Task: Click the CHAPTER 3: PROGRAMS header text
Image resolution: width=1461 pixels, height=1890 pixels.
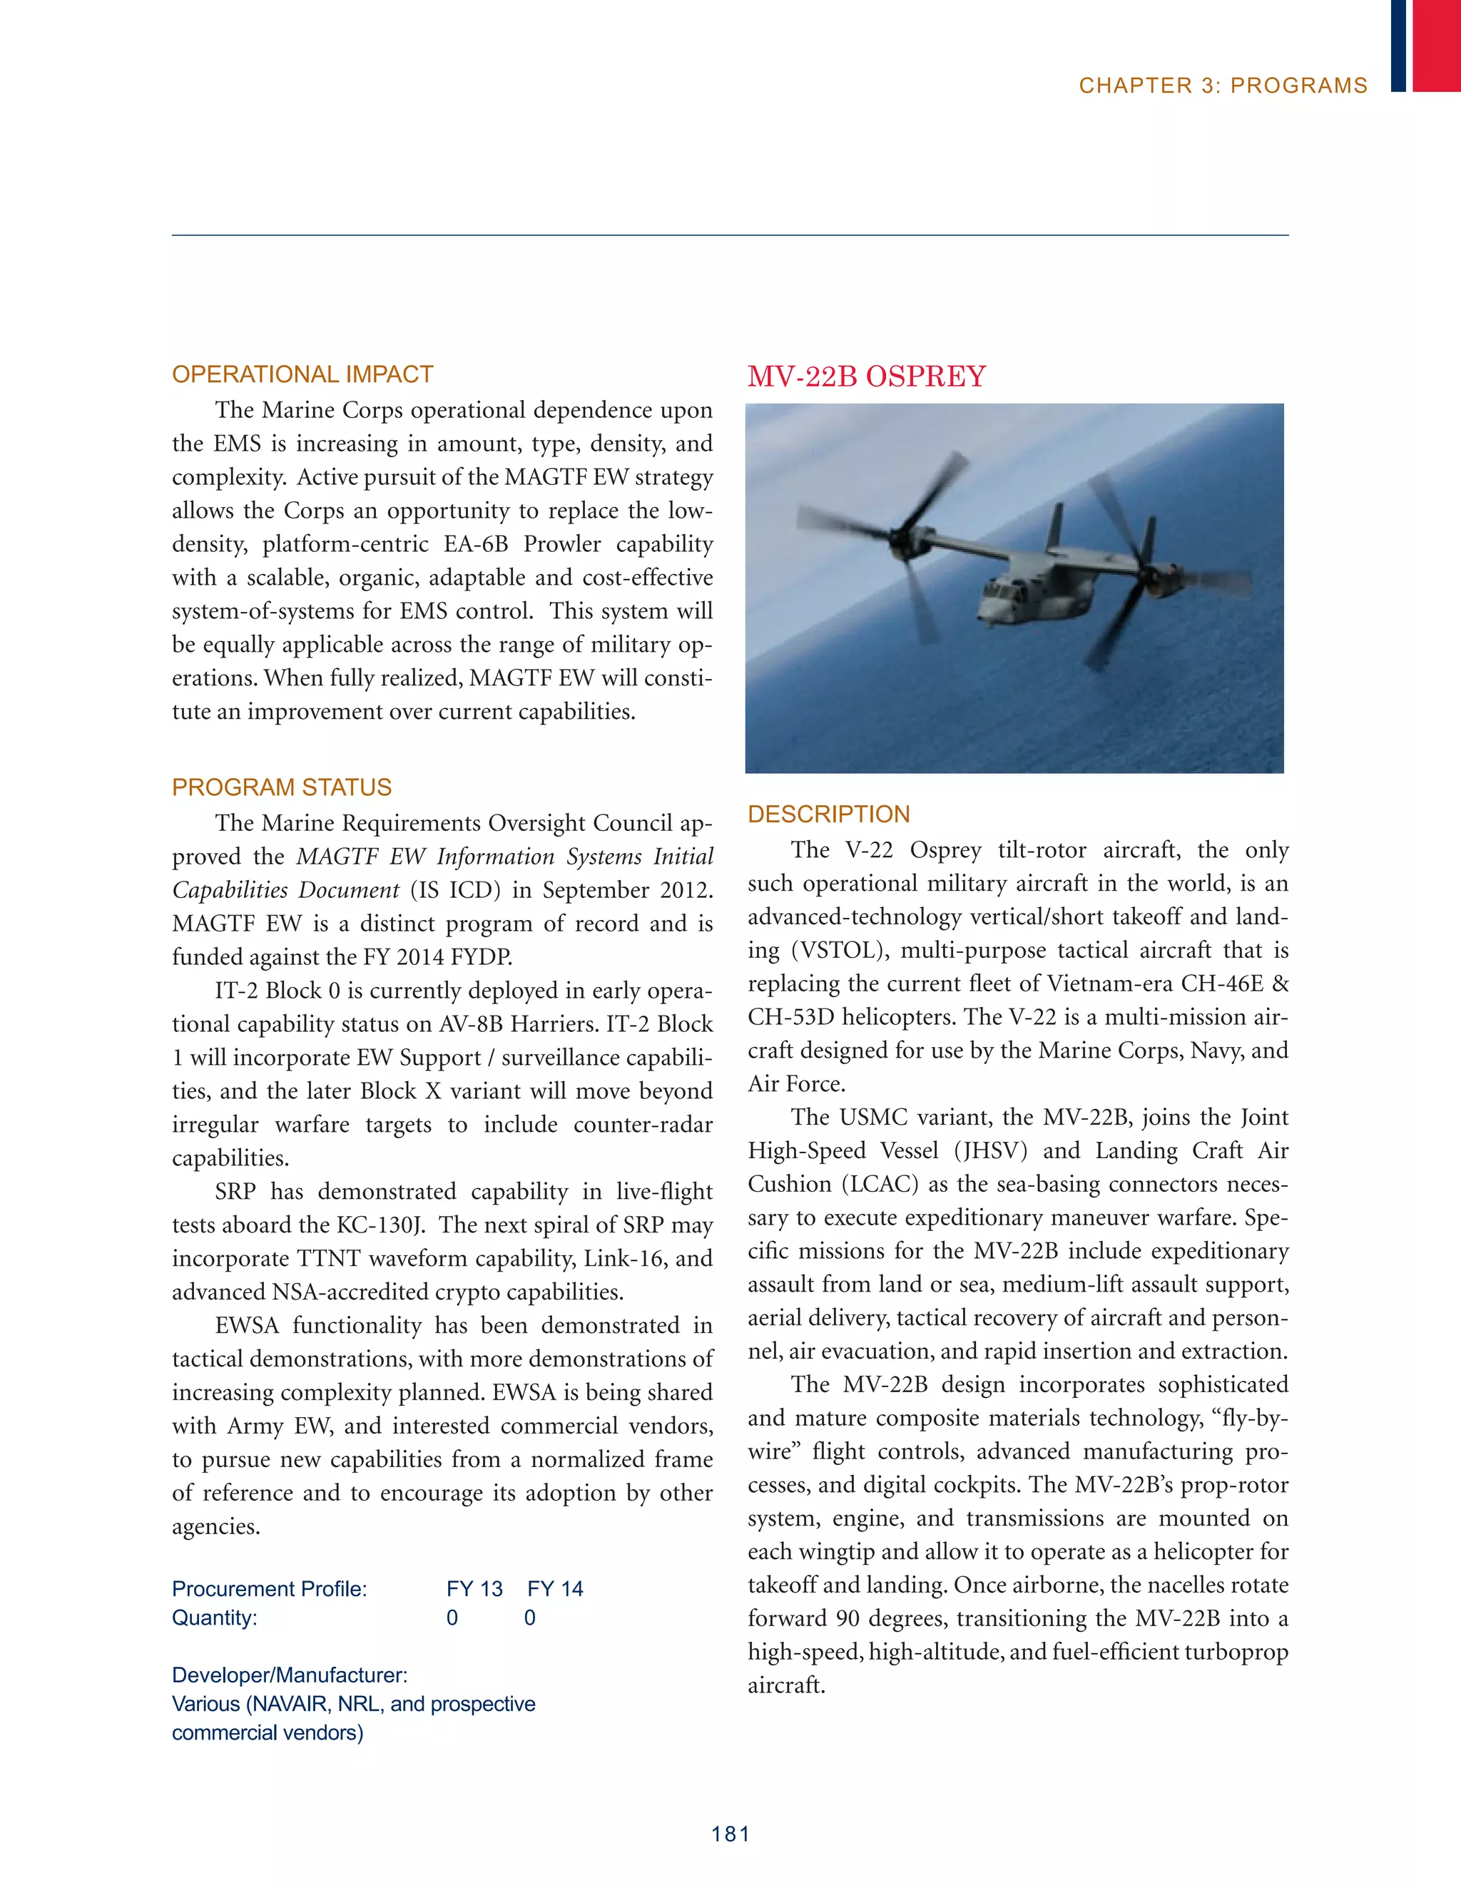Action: pos(1222,86)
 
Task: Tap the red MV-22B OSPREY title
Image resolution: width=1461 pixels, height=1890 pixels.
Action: pos(866,377)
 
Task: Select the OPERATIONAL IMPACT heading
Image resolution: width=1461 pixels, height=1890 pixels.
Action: pos(302,374)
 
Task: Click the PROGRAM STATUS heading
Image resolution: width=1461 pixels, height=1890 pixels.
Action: pos(281,787)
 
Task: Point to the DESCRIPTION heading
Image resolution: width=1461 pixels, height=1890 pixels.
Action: pos(828,814)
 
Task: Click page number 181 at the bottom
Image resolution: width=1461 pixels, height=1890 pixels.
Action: pos(730,1834)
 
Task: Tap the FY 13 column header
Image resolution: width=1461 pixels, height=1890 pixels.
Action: pos(474,1589)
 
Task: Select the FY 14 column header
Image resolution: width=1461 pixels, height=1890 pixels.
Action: pos(555,1589)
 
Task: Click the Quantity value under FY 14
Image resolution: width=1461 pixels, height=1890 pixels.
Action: pos(530,1618)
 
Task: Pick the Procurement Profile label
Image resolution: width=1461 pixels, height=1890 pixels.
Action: pos(269,1589)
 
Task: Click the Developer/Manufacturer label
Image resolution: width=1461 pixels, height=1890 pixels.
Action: pos(289,1675)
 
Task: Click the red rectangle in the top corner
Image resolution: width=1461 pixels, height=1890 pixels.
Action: pos(1436,45)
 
